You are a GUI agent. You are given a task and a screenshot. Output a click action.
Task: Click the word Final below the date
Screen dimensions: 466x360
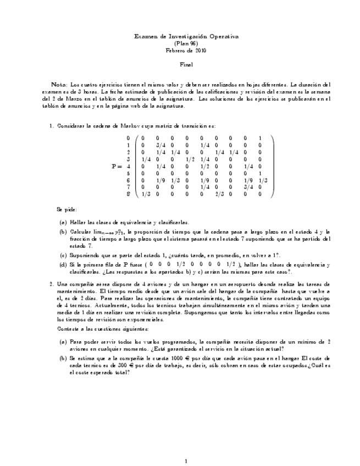186,64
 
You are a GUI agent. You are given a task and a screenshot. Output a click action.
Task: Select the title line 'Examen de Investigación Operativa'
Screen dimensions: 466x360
186,36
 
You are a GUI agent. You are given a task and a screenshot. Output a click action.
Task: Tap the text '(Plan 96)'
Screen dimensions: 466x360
186,43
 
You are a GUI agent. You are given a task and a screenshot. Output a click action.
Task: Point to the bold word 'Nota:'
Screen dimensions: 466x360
59,85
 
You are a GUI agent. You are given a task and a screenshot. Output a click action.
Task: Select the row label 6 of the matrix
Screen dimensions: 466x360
128,180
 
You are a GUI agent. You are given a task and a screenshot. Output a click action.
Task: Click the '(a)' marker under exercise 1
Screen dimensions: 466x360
63,223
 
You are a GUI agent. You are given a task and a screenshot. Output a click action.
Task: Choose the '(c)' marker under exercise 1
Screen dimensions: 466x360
63,255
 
